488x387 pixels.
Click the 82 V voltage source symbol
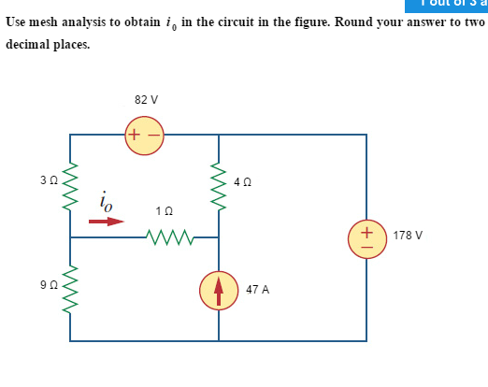[x=144, y=135]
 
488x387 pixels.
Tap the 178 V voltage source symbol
[x=366, y=236]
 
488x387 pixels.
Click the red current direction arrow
[x=107, y=222]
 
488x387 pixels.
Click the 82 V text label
[x=146, y=99]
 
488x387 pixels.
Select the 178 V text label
[x=408, y=236]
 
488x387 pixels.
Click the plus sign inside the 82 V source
[x=135, y=135]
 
